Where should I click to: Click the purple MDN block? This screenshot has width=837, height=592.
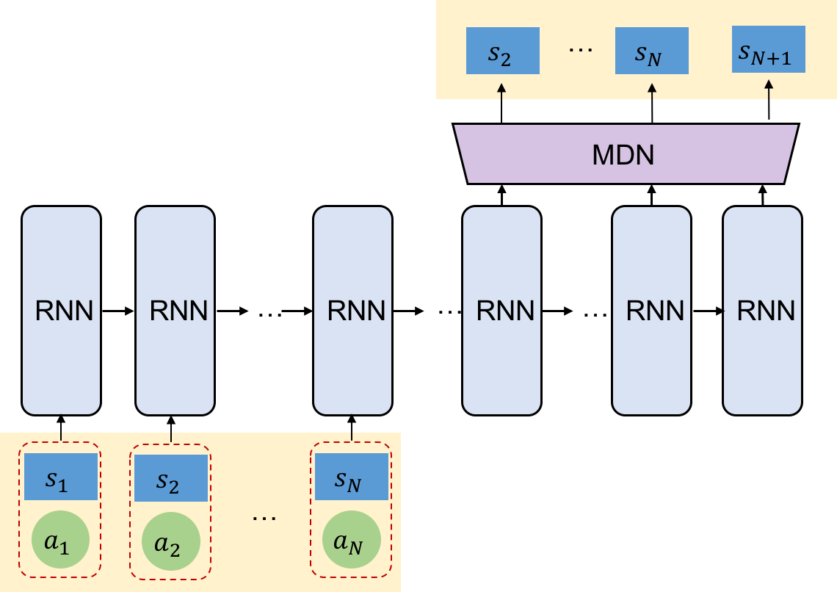pos(625,154)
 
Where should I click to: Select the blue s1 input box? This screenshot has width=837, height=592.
pos(61,477)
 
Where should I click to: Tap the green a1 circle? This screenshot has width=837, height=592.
pos(61,540)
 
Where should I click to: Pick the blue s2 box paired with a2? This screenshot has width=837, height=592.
pos(171,478)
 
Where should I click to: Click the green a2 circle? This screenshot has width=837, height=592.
pos(171,541)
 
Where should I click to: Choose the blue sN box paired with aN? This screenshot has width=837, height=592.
pos(352,477)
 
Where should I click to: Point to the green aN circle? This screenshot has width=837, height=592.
pos(352,540)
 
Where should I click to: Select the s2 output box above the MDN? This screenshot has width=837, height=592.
pos(503,51)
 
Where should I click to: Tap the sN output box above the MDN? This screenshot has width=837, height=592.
pos(652,51)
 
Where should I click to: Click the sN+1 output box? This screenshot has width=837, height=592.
pos(769,49)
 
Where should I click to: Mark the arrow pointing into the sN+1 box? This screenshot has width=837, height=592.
pos(769,89)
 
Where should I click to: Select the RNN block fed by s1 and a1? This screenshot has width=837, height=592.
pos(61,311)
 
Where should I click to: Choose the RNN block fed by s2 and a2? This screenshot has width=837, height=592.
pos(175,311)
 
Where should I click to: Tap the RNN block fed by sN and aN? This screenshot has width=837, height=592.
pos(352,311)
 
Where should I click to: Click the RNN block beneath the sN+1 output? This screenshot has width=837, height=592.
pos(762,311)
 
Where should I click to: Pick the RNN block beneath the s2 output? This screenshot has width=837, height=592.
pos(501,311)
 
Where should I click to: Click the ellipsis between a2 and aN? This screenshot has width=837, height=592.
pos(264,518)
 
